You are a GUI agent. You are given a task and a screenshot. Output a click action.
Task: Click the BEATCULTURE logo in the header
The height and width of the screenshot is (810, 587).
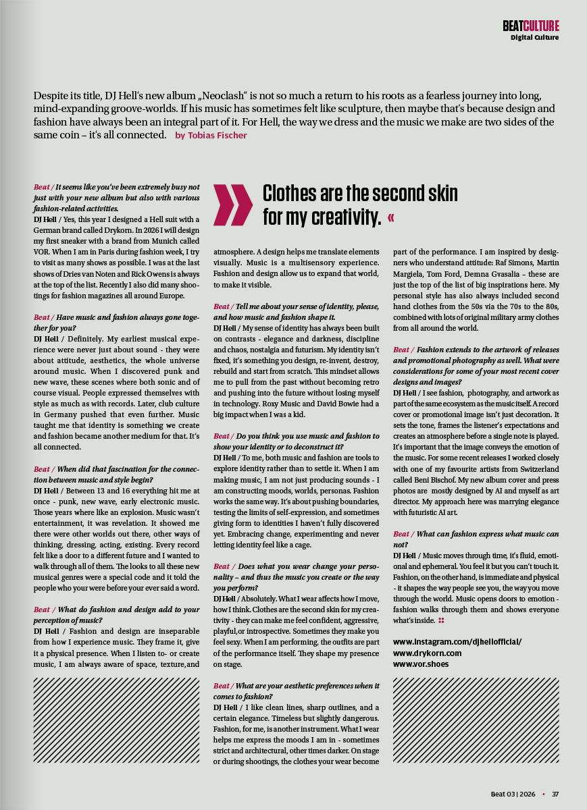530,26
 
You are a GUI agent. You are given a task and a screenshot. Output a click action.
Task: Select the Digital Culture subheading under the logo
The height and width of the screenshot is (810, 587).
534,38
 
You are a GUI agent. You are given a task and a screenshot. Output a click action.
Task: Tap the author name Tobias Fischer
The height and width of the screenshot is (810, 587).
211,136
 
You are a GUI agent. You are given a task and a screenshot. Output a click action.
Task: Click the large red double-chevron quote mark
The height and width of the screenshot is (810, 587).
233,205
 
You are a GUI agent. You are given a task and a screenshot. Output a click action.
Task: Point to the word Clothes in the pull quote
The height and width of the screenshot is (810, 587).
294,194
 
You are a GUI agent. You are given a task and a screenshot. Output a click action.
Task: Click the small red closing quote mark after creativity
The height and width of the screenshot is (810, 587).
392,218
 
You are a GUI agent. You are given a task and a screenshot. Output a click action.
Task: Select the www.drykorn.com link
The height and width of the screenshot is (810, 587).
427,653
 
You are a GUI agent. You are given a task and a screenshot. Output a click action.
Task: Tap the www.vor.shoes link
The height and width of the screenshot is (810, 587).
420,664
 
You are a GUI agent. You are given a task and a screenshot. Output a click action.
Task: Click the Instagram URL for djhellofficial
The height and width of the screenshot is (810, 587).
457,642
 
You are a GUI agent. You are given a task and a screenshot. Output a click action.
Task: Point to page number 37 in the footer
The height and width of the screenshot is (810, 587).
555,794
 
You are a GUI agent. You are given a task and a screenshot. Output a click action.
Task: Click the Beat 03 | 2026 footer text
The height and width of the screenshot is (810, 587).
513,794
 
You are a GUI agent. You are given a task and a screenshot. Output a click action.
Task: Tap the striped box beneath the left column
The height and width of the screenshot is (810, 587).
116,720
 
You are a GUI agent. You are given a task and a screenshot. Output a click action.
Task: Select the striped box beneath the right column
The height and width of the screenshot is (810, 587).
476,720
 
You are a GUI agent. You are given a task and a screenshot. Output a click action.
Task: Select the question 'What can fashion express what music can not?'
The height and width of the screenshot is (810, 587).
476,538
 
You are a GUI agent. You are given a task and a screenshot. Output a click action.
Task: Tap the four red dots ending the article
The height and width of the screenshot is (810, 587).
441,620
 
